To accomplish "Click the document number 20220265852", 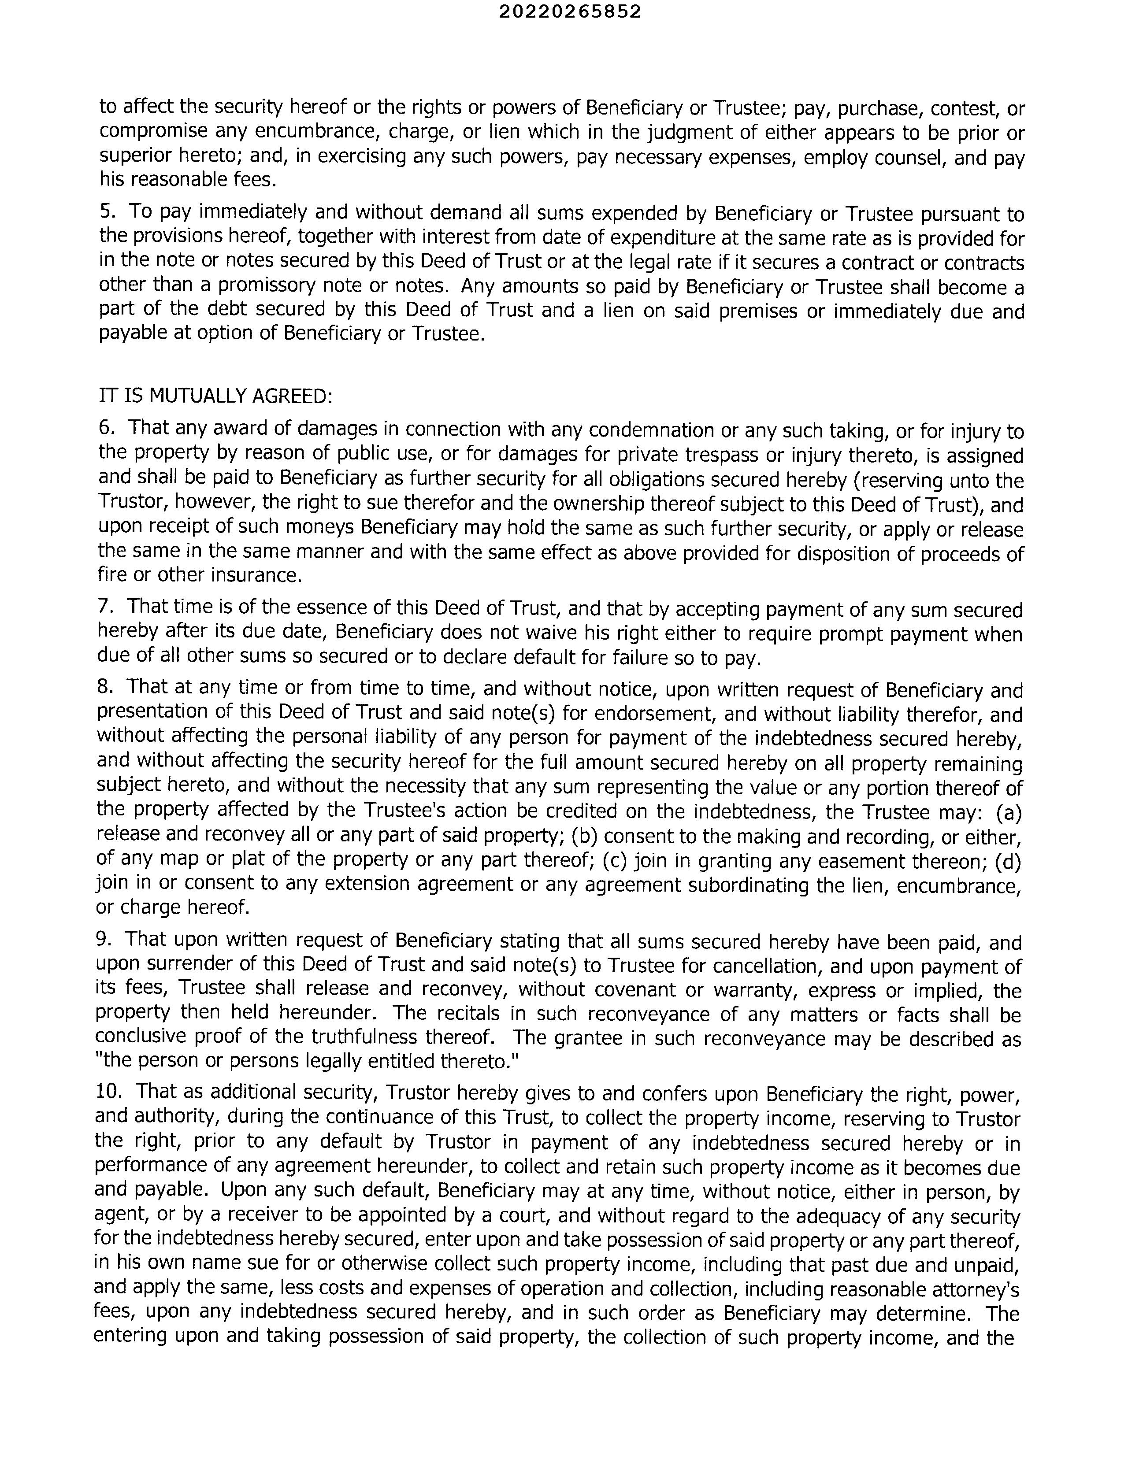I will tap(570, 11).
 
